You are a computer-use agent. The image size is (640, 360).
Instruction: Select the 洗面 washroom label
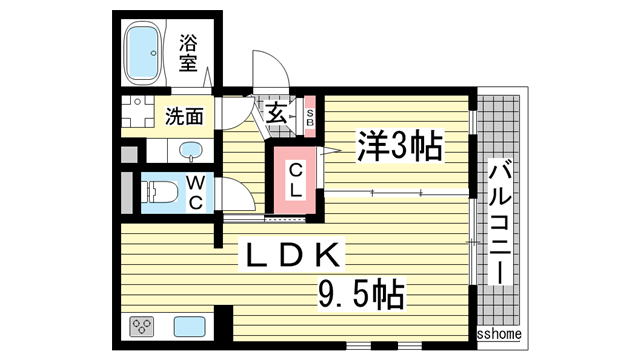184,115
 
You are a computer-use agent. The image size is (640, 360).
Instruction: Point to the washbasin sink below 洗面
190,151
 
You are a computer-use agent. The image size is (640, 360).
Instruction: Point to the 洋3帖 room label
399,147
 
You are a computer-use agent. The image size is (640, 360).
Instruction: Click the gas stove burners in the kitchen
141,327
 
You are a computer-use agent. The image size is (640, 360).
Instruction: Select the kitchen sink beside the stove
188,327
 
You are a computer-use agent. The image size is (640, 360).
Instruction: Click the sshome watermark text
498,334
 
